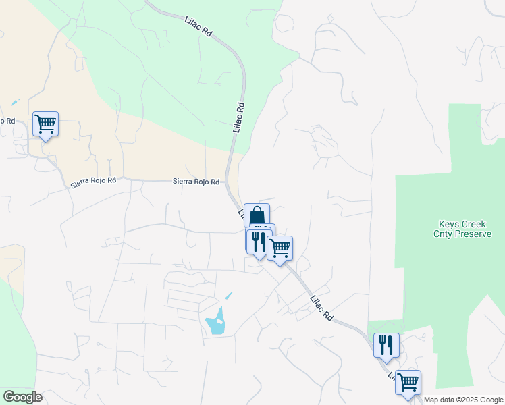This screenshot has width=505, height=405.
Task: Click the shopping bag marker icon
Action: [257, 216]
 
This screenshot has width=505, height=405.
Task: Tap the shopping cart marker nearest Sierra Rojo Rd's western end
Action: [45, 124]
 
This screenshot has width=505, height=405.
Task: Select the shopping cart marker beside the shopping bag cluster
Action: [280, 248]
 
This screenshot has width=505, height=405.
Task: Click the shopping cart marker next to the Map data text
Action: [408, 383]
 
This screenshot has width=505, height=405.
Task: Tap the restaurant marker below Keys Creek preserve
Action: [386, 346]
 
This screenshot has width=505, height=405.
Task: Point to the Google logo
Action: [22, 397]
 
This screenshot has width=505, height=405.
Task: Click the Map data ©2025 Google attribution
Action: [464, 400]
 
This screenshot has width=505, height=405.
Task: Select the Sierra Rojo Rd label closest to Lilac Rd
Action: [196, 182]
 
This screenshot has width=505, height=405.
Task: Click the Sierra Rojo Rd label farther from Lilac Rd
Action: [93, 182]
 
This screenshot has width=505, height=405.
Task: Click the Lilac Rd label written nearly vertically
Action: [238, 117]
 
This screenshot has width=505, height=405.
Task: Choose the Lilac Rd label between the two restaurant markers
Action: [322, 308]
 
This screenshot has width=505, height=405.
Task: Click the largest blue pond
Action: [216, 321]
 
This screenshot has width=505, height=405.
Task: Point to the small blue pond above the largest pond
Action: [228, 296]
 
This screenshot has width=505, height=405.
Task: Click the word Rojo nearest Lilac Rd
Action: [196, 182]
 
